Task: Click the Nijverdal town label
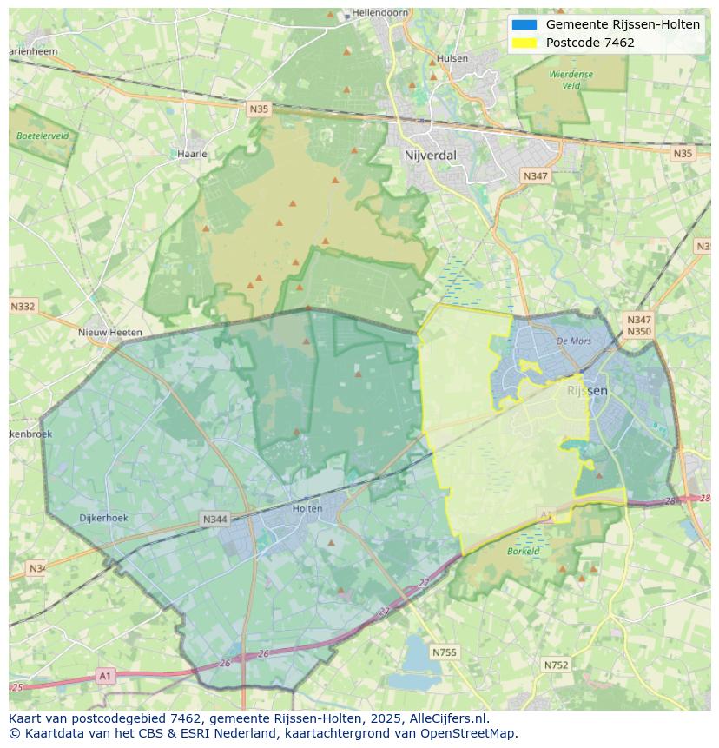[x=430, y=156]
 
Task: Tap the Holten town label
[x=307, y=508]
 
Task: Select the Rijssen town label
[x=587, y=391]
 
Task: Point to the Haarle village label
[x=192, y=154]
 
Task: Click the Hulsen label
[x=452, y=59]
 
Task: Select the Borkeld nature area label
[x=524, y=552]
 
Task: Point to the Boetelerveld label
[x=43, y=136]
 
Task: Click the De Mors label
[x=574, y=341]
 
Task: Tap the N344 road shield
[x=214, y=520]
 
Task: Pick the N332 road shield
[x=23, y=307]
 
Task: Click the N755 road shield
[x=445, y=652]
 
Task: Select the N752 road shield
[x=556, y=665]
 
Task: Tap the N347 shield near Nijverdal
[x=536, y=176]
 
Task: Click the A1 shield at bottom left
[x=105, y=675]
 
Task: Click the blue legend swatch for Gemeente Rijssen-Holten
[x=524, y=24]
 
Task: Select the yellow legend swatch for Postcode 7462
[x=524, y=43]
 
